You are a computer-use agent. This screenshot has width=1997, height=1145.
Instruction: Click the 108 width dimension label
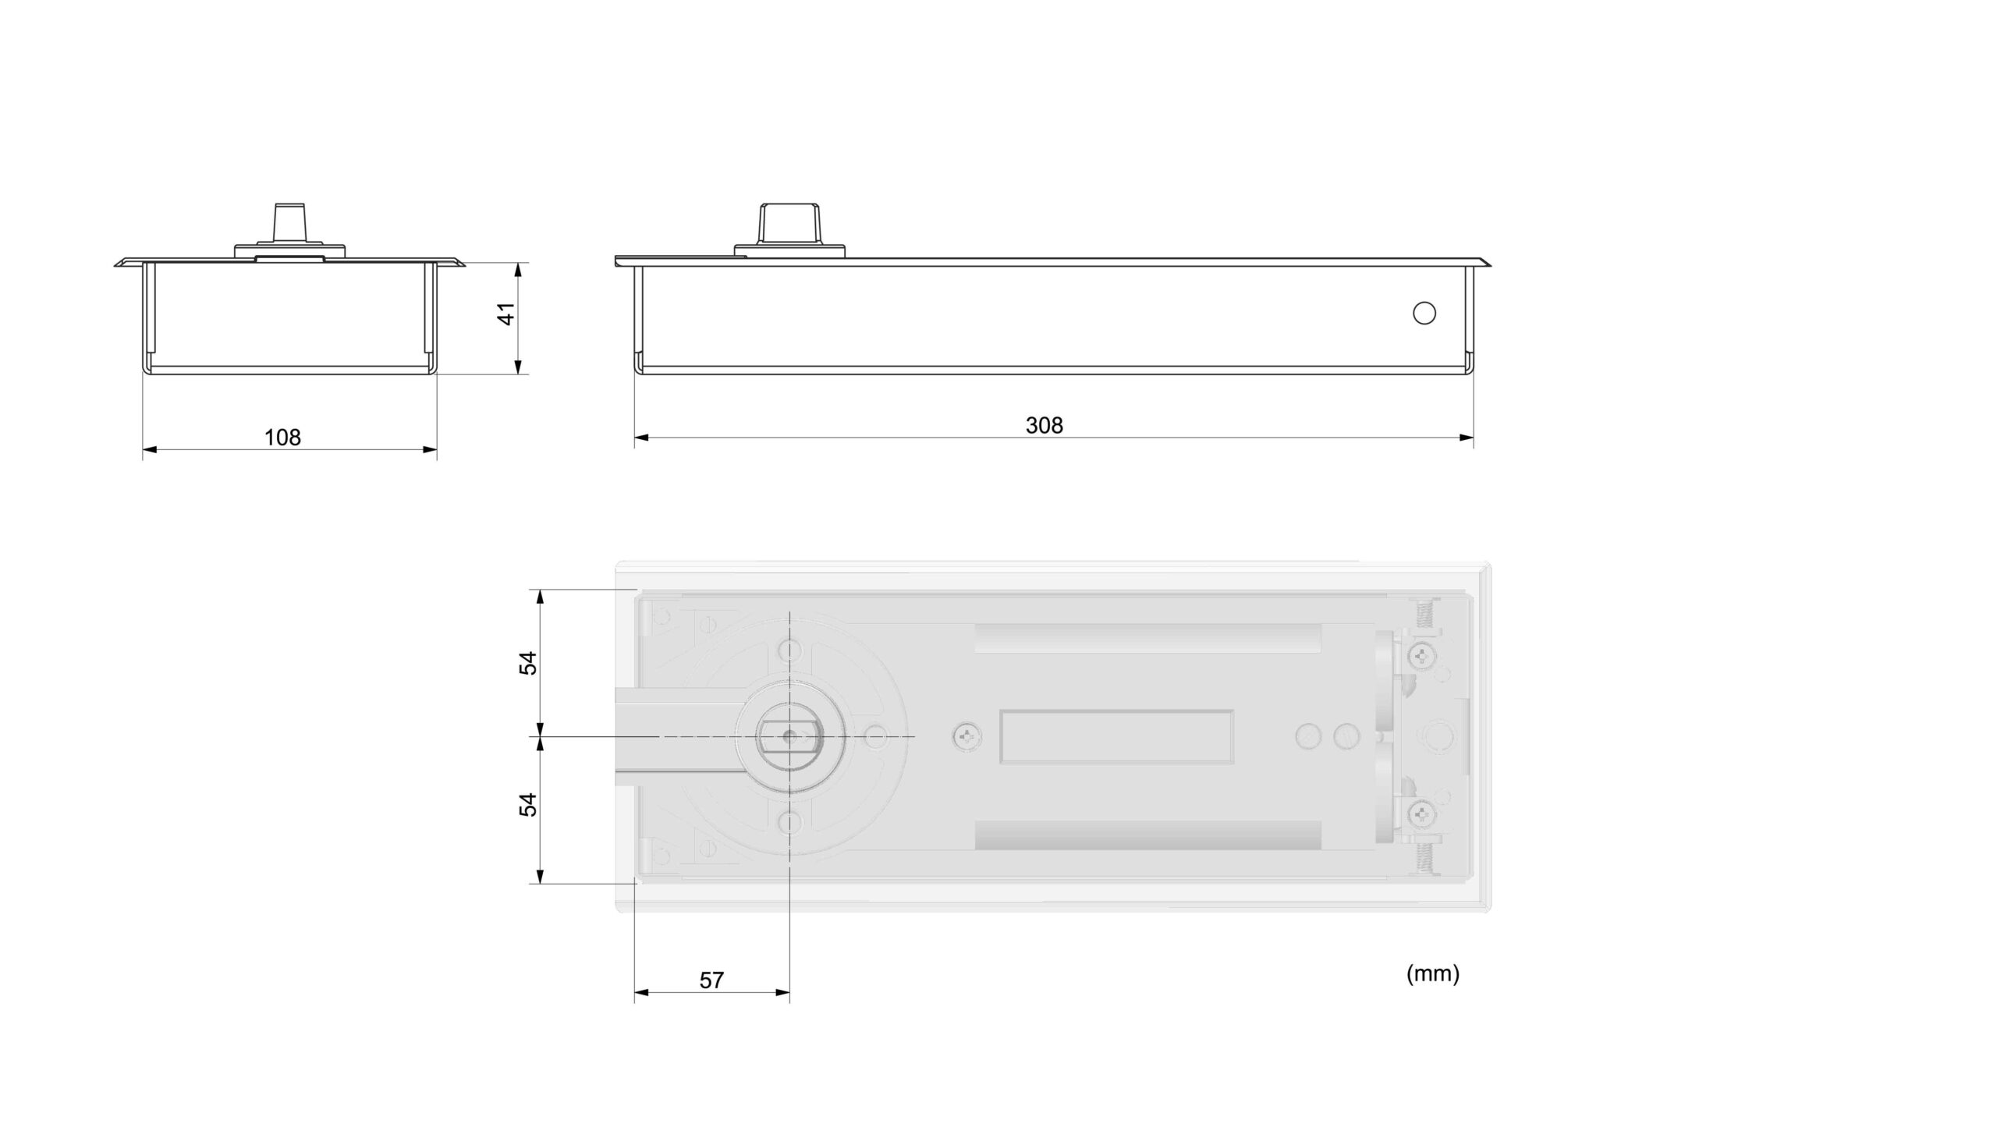tap(282, 438)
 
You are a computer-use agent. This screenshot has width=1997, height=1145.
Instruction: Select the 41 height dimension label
tap(507, 313)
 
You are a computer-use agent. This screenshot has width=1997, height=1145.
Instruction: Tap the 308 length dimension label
tap(1044, 425)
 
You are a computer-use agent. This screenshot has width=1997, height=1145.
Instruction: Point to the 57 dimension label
tap(711, 980)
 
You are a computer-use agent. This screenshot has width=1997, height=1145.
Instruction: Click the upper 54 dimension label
tap(528, 663)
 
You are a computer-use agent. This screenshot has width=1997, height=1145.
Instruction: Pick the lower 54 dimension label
tap(528, 804)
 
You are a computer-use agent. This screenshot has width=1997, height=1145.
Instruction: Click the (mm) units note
tap(1432, 973)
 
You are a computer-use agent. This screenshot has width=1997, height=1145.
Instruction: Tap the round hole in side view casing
tap(1424, 313)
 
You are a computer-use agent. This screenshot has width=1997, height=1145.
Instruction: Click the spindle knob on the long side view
tap(789, 224)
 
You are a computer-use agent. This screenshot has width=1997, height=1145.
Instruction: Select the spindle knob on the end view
tap(289, 223)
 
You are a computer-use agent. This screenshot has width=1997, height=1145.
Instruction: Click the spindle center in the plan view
tap(789, 737)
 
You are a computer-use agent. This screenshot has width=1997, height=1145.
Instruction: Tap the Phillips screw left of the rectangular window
tap(967, 737)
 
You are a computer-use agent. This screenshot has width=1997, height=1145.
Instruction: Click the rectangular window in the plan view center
tap(1116, 737)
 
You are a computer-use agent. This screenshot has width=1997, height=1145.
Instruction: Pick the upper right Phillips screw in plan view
tap(1422, 655)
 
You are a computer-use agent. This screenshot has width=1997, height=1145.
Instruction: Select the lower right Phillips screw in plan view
tap(1422, 816)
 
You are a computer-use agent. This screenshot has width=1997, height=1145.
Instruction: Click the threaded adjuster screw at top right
tap(1425, 611)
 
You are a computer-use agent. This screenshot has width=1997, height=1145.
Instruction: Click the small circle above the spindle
tap(789, 650)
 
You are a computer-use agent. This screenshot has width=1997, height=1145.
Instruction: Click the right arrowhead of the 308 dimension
tap(1467, 438)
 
